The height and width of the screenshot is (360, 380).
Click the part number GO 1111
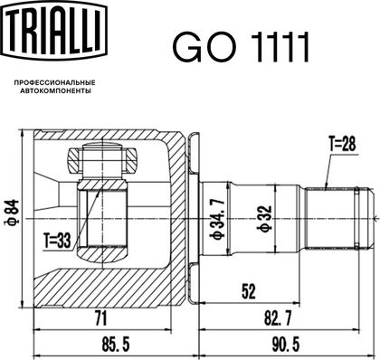pos(241,48)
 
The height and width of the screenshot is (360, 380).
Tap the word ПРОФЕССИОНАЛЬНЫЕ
pos(54,82)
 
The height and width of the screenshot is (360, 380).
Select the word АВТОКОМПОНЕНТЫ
pos(55,90)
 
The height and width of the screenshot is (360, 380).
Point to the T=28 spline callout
pos(342,145)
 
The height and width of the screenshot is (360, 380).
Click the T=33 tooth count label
pos(57,241)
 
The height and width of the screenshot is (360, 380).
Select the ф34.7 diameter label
pos(218,219)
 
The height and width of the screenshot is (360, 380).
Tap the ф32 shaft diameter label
pos(264,219)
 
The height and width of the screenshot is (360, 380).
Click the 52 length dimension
pos(249,291)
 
